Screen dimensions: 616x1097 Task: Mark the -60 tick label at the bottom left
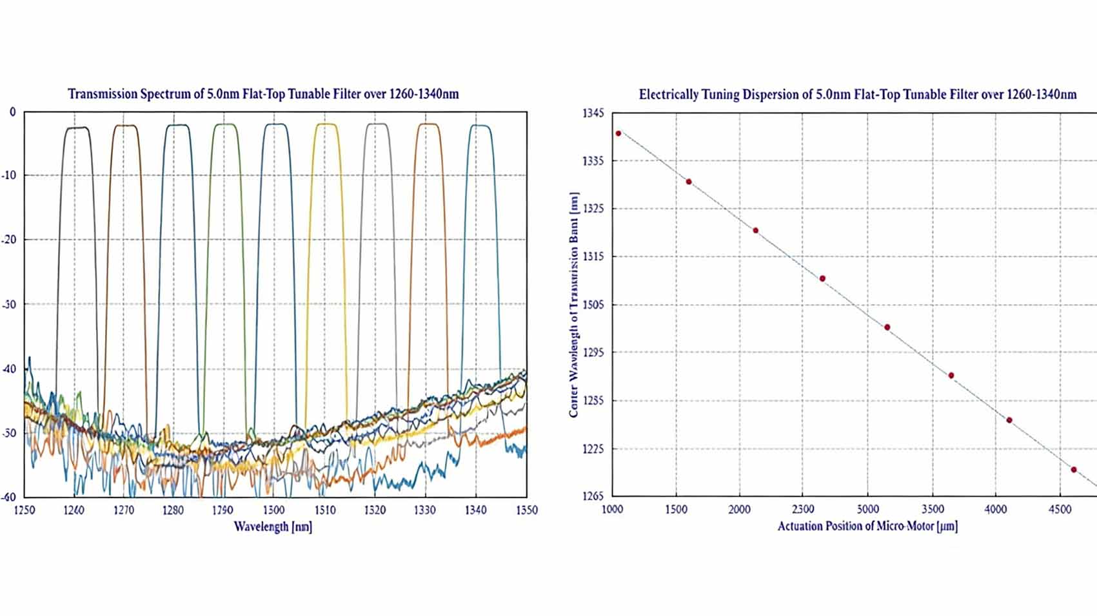point(10,497)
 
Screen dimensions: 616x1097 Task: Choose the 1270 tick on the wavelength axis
point(124,510)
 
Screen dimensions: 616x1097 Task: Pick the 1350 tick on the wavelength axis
point(527,510)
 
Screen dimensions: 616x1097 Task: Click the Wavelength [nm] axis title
point(273,526)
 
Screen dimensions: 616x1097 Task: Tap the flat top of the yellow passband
point(326,124)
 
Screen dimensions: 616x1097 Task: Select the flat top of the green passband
point(226,124)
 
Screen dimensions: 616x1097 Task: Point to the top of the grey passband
point(377,124)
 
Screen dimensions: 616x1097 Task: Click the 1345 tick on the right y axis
point(593,113)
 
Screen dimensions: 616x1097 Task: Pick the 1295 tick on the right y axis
point(593,352)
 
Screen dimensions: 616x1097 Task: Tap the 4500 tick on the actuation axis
point(1060,510)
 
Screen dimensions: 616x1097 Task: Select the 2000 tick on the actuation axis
point(740,510)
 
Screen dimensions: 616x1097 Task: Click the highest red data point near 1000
point(618,133)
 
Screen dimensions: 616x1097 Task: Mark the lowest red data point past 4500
point(1074,470)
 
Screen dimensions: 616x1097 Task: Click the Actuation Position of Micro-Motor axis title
point(867,526)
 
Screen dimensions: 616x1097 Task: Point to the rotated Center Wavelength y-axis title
point(573,305)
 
